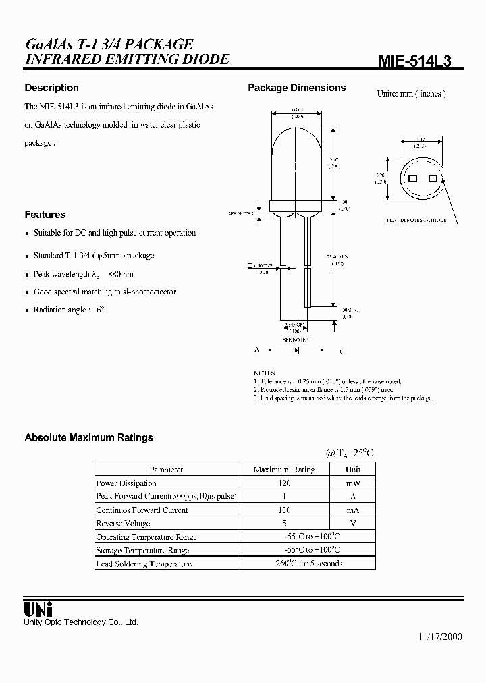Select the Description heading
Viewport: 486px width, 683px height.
[x=51, y=88]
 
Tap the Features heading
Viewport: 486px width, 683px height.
[x=45, y=215]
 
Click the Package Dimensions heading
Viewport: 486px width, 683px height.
[x=296, y=88]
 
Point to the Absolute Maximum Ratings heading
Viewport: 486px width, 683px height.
[x=88, y=437]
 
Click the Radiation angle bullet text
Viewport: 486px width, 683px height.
[x=70, y=310]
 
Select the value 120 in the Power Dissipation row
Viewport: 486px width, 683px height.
[x=283, y=483]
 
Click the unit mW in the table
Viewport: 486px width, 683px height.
[x=352, y=483]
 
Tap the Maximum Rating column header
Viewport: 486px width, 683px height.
[x=283, y=470]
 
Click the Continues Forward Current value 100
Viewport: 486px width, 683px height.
[x=283, y=510]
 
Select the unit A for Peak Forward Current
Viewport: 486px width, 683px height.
[x=352, y=497]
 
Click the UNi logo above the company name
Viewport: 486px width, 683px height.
[x=34, y=609]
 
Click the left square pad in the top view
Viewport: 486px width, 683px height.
[x=412, y=179]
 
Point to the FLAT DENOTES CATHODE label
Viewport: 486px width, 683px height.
[x=416, y=220]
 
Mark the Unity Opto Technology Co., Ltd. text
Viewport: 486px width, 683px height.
[x=81, y=622]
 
